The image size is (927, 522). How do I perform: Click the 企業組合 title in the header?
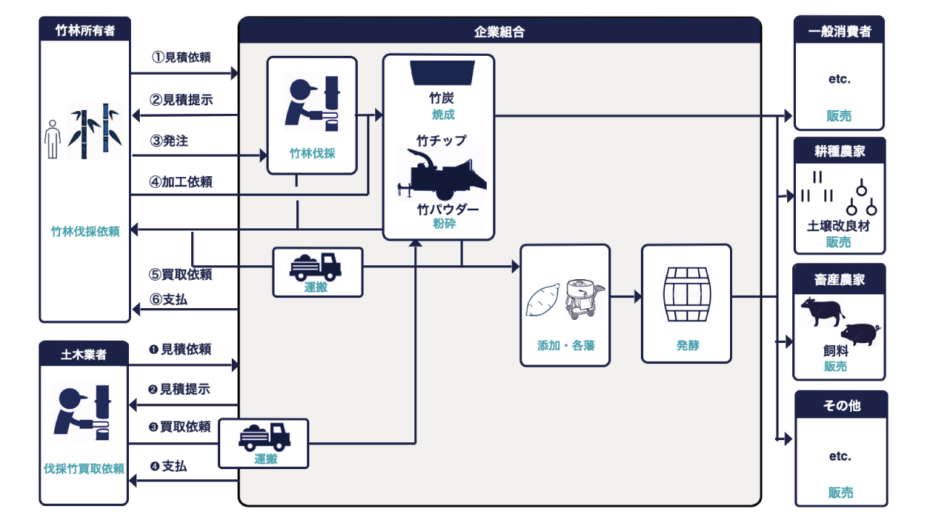(499, 31)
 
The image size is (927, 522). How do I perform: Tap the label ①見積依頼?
(181, 57)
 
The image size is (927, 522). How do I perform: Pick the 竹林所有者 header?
(85, 30)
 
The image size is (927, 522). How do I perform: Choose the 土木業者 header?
(84, 355)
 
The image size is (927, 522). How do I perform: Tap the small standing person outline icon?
(51, 139)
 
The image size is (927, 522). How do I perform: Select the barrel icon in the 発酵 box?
(686, 294)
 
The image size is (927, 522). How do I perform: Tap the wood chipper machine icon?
(442, 173)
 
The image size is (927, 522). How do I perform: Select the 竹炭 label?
(442, 98)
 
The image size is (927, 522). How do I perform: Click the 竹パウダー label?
(447, 209)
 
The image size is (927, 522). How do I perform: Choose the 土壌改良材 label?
(839, 225)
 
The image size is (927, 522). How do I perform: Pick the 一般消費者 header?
(839, 31)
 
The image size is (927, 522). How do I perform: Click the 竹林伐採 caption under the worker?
(312, 154)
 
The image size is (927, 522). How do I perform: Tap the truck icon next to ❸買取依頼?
(264, 436)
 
